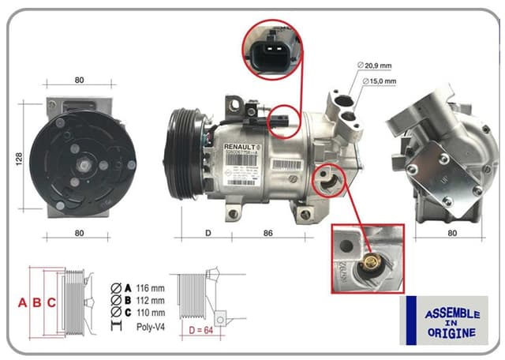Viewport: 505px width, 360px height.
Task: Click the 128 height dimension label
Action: click(18, 159)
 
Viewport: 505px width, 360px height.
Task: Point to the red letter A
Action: click(23, 302)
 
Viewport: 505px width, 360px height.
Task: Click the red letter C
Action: click(51, 302)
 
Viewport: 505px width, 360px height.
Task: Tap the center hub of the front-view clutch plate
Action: click(82, 164)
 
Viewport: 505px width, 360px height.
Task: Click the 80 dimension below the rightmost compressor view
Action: click(451, 234)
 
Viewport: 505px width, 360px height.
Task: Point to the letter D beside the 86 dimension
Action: click(208, 234)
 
